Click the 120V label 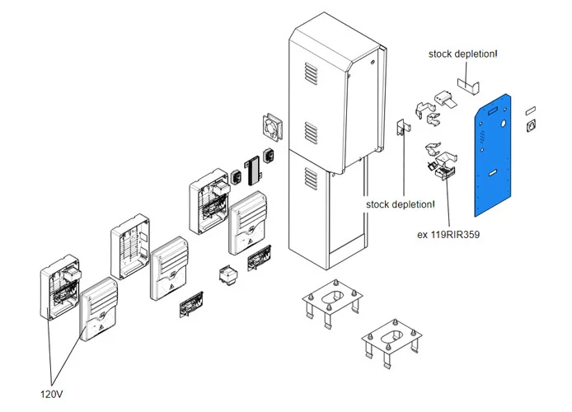(x=50, y=395)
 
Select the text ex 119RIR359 (x=448, y=234)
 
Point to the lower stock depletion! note (x=401, y=204)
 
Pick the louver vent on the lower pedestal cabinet (x=310, y=177)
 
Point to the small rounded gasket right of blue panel (x=530, y=108)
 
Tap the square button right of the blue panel (x=531, y=127)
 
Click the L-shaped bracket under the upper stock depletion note (x=468, y=85)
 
